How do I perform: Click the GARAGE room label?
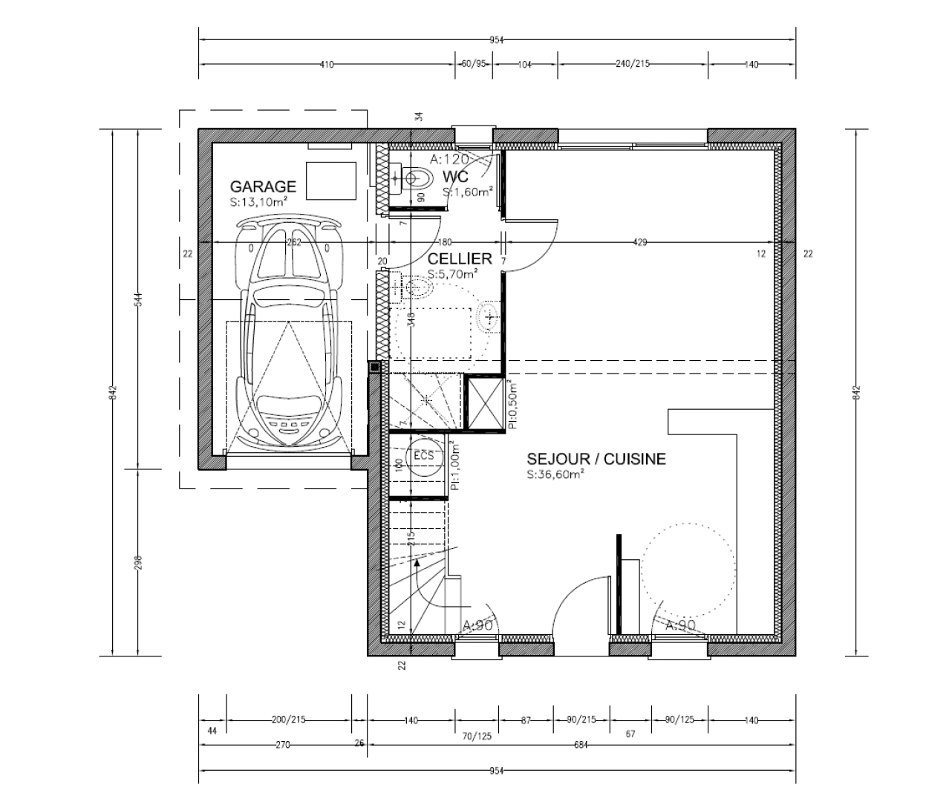[x=263, y=186]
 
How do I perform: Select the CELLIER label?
[x=460, y=258]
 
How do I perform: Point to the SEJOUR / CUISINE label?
[x=596, y=459]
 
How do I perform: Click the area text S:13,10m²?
[x=259, y=201]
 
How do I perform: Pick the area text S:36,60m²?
[x=555, y=475]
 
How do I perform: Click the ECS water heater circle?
[x=423, y=455]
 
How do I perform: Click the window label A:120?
[x=449, y=159]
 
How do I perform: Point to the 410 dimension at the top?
[x=327, y=65]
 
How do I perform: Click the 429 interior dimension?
[x=641, y=242]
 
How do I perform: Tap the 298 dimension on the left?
[x=139, y=562]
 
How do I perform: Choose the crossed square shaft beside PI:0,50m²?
[x=484, y=402]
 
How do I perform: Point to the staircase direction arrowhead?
[x=418, y=564]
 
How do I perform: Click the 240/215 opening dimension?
[x=633, y=65]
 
